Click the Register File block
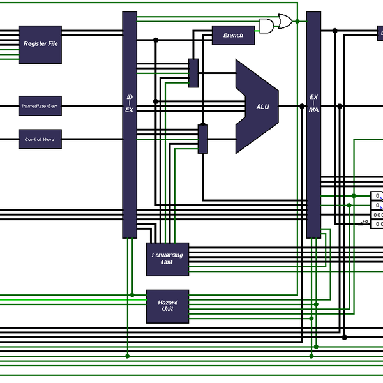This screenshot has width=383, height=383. [40, 45]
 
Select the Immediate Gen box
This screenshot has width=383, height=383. [40, 106]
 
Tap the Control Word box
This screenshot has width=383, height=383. [40, 139]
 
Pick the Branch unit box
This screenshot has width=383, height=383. [233, 36]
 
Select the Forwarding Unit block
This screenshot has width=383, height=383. [167, 259]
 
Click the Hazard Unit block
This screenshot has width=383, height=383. [167, 306]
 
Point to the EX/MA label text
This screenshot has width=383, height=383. [313, 103]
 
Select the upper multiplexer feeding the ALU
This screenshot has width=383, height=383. [193, 73]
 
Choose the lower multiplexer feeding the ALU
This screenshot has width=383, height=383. [202, 139]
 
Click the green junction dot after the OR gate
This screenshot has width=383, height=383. [297, 22]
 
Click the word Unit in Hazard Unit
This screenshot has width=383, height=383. [167, 310]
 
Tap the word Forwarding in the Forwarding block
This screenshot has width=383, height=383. [167, 255]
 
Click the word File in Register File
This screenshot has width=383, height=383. [52, 45]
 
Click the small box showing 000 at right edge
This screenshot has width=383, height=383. [378, 214]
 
